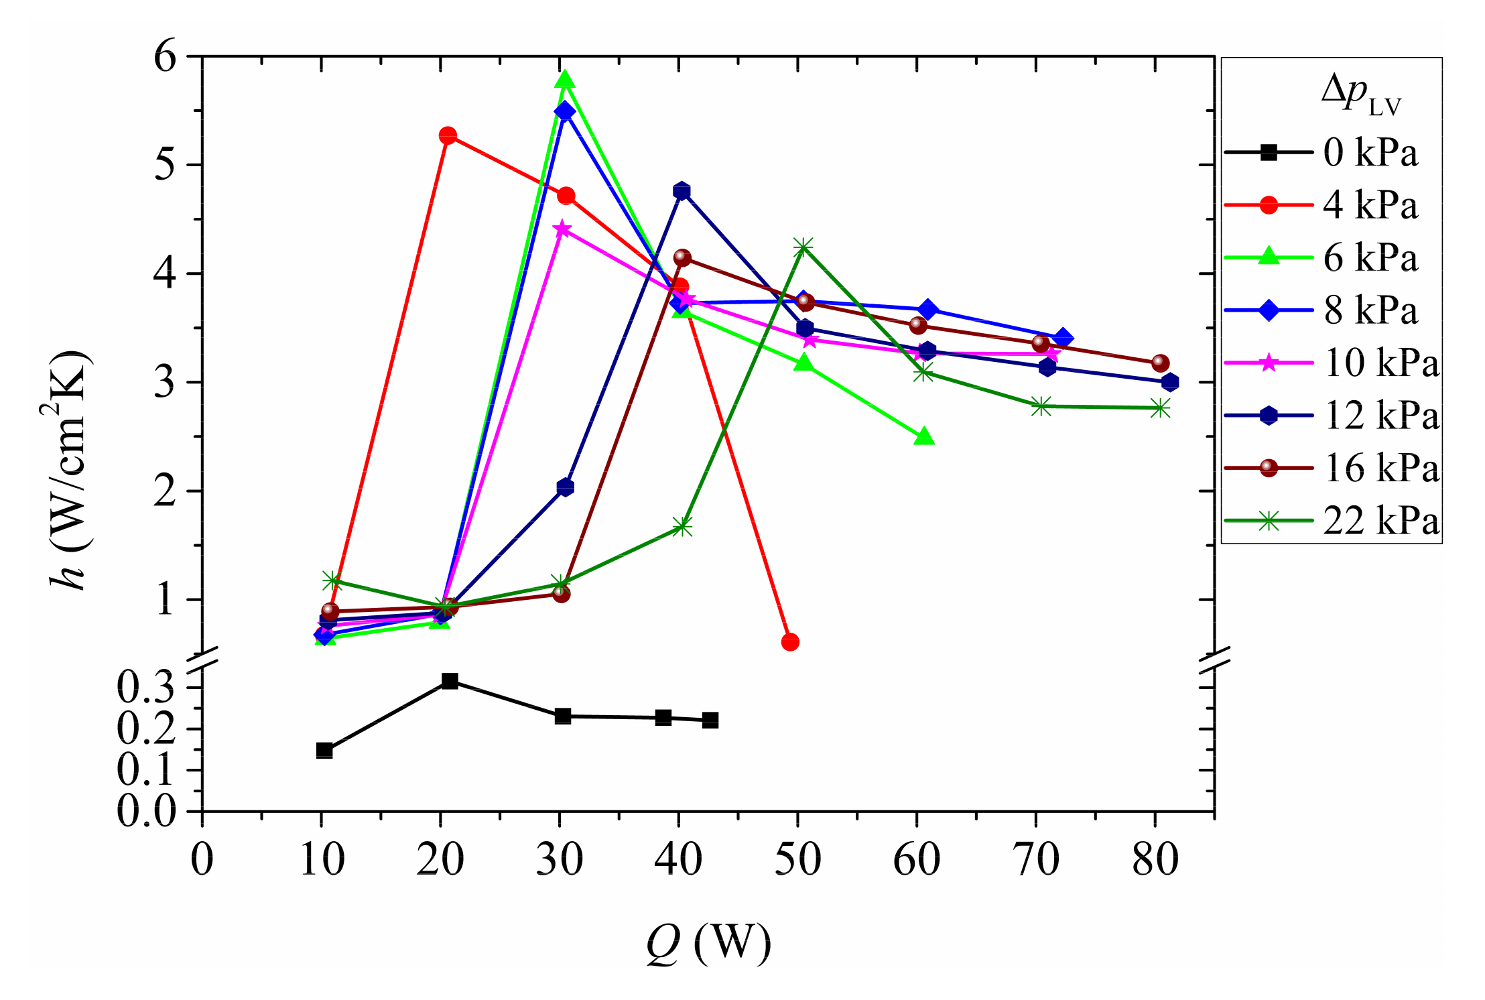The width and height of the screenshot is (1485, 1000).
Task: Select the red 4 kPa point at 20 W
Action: [x=448, y=136]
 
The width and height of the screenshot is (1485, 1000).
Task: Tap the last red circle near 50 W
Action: [x=790, y=642]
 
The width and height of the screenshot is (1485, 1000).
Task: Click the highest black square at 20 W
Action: [x=450, y=682]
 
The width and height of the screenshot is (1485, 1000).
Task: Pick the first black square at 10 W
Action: [x=324, y=750]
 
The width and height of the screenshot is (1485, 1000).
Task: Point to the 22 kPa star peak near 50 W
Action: [x=803, y=247]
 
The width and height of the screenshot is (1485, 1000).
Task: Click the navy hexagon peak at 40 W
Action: [x=682, y=191]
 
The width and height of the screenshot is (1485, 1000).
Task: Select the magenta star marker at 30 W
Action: [x=562, y=230]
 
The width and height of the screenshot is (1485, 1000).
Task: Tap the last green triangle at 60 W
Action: [x=923, y=437]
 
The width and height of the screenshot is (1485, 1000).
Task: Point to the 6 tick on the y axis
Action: [x=165, y=56]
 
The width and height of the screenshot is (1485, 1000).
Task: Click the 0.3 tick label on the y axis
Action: [x=146, y=688]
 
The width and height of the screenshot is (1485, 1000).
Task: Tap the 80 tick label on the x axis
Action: [x=1155, y=859]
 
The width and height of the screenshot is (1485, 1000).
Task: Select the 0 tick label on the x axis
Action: [x=202, y=859]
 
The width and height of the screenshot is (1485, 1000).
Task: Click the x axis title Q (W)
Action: [x=708, y=943]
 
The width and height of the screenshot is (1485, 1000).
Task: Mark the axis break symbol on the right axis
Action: [x=1214, y=660]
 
